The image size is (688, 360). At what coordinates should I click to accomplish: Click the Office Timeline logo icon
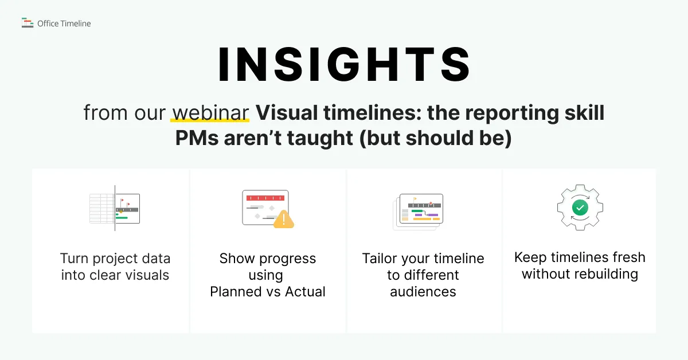(28, 23)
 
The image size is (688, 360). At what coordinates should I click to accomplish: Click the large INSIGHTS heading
(344, 65)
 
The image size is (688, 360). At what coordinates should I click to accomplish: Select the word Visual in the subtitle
(287, 112)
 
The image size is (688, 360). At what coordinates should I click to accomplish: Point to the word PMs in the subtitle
(197, 138)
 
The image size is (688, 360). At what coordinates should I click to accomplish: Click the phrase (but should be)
(436, 138)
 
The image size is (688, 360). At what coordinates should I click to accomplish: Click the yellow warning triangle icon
(283, 220)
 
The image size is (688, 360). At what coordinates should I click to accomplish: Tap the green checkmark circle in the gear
(580, 208)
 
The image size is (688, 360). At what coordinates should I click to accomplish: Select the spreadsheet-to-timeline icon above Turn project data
(115, 208)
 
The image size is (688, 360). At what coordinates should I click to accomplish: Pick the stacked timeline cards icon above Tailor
(418, 212)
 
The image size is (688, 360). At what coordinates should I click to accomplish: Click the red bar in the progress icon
(265, 198)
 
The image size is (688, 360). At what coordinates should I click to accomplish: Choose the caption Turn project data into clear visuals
(115, 267)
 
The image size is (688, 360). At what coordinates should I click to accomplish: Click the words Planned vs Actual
(268, 292)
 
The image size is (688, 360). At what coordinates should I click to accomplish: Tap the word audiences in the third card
(423, 292)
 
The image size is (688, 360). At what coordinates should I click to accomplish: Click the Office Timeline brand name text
(64, 24)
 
